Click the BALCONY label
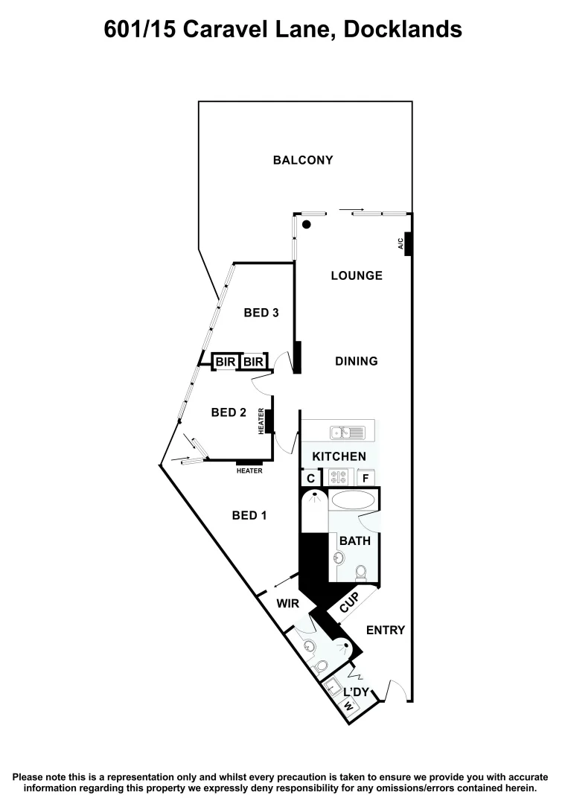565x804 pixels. pyautogui.click(x=302, y=160)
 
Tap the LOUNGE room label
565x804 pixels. pyautogui.click(x=357, y=275)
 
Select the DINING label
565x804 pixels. pyautogui.click(x=356, y=361)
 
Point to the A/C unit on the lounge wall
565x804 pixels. pyautogui.click(x=408, y=243)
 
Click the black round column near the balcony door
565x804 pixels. pyautogui.click(x=306, y=224)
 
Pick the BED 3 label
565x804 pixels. pyautogui.click(x=261, y=313)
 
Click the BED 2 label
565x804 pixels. pyautogui.click(x=229, y=412)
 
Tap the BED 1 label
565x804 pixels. pyautogui.click(x=249, y=515)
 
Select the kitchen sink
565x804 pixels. pyautogui.click(x=347, y=432)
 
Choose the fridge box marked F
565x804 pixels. pyautogui.click(x=366, y=478)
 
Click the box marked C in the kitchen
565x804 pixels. pyautogui.click(x=310, y=478)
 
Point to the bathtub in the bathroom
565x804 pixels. pyautogui.click(x=354, y=500)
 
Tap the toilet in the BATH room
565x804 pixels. pyautogui.click(x=361, y=572)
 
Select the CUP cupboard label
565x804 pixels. pyautogui.click(x=349, y=604)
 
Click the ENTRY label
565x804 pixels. pyautogui.click(x=386, y=630)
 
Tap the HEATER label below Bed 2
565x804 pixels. pyautogui.click(x=249, y=470)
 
